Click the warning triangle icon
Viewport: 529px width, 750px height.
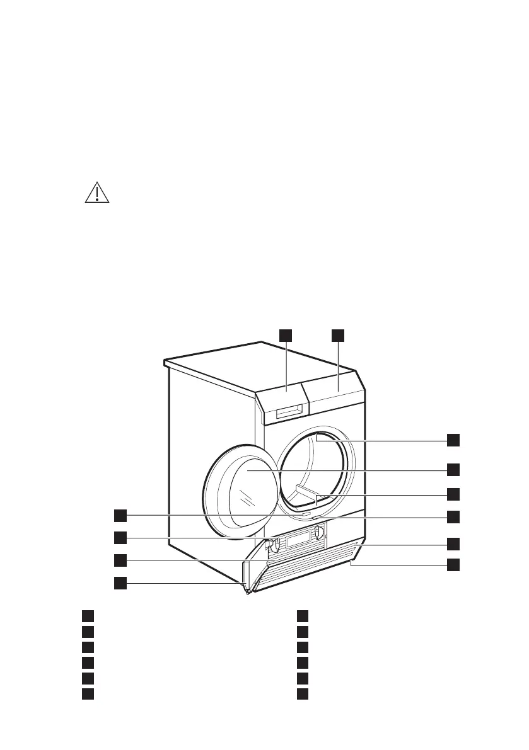[97, 193]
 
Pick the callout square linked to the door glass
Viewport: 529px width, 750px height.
[453, 469]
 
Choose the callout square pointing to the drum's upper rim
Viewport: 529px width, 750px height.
[453, 440]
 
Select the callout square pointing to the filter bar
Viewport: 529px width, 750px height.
[453, 493]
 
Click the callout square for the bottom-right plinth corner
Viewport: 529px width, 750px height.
[453, 564]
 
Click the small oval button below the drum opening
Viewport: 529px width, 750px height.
[306, 514]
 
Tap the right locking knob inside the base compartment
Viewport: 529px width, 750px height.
[318, 535]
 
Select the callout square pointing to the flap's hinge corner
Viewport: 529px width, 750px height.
[120, 583]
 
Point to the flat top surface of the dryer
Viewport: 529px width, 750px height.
[252, 368]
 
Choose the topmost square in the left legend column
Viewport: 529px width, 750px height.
[88, 615]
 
